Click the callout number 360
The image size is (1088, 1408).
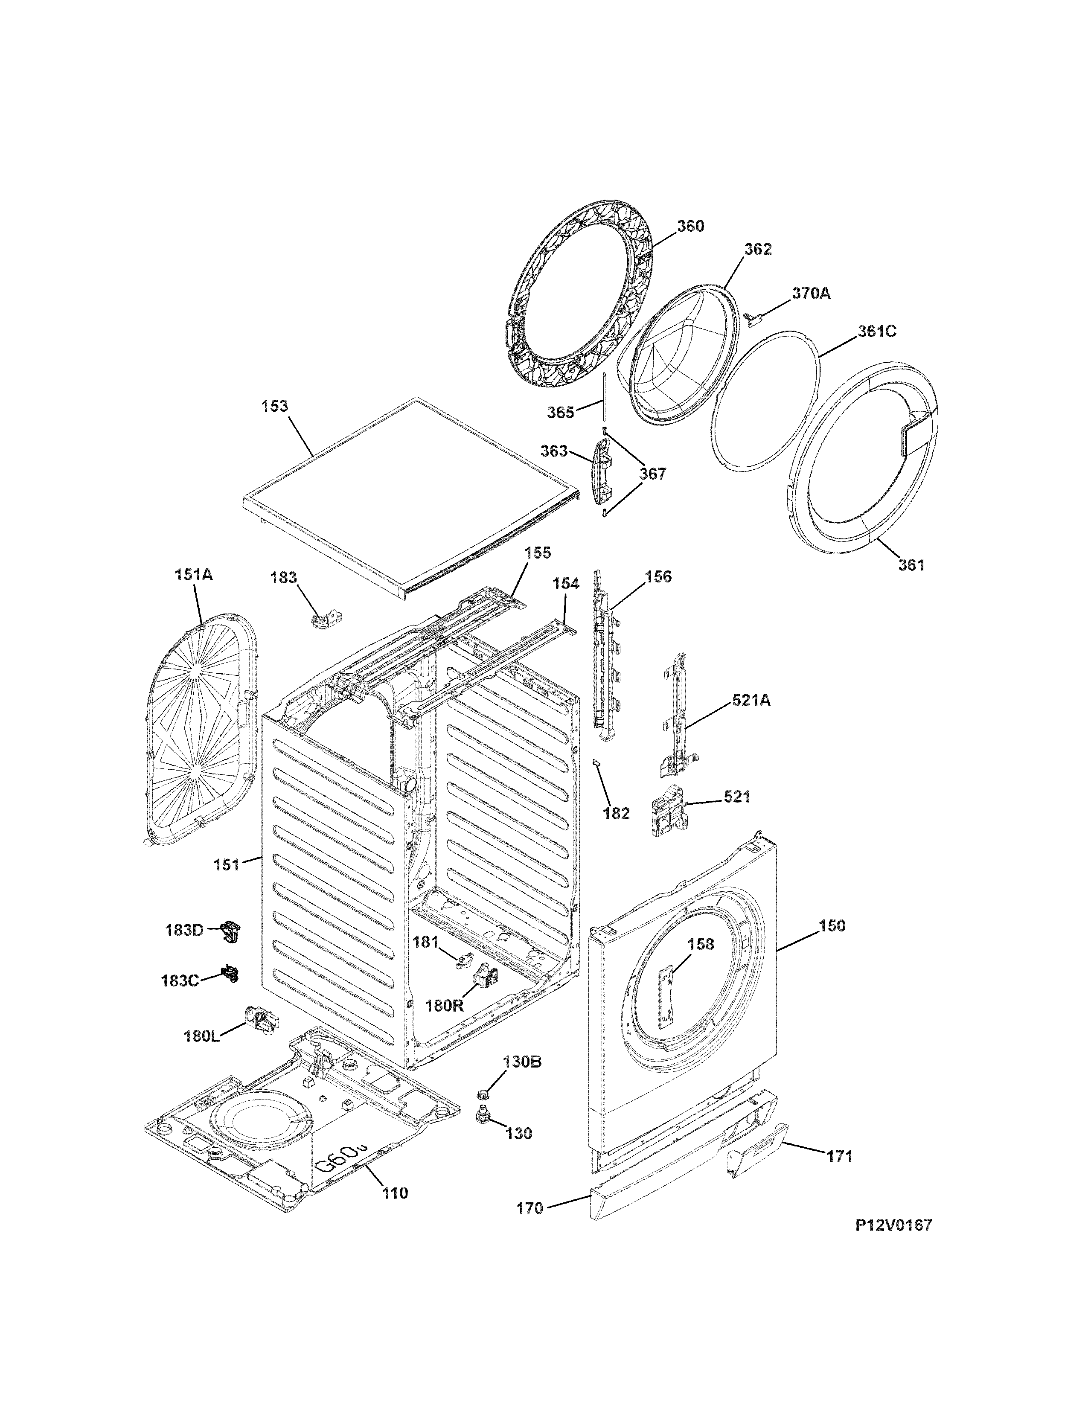pyautogui.click(x=690, y=226)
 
